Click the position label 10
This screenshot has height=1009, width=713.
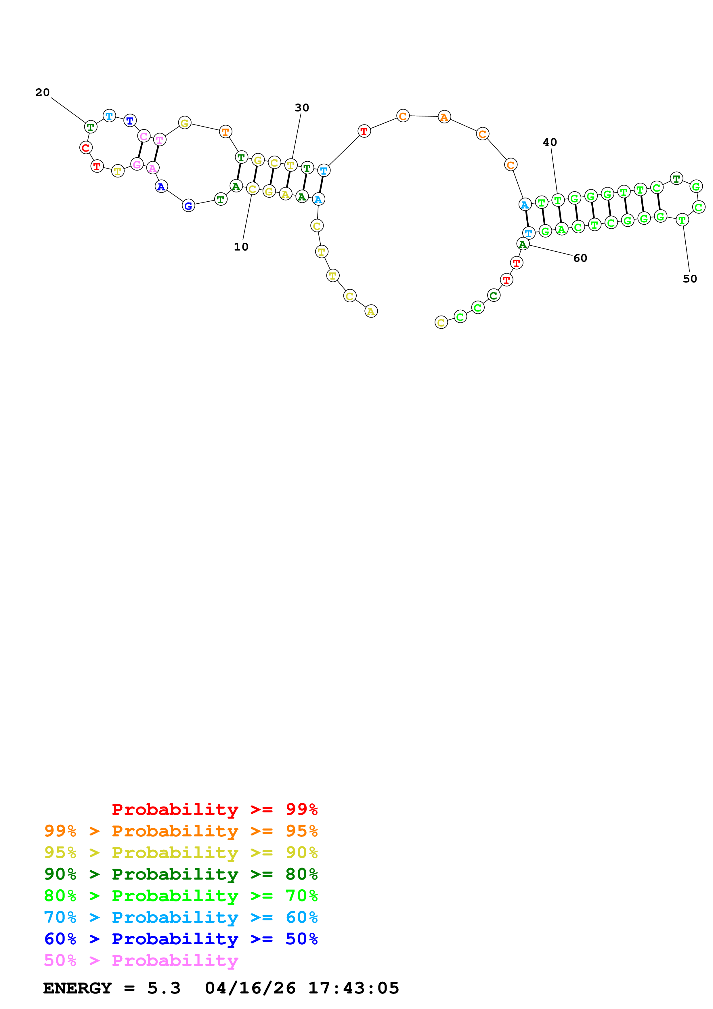click(x=241, y=247)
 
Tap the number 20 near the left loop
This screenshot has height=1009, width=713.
click(x=43, y=92)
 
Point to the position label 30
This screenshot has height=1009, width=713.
click(x=302, y=108)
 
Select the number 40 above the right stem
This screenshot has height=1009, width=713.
click(x=550, y=142)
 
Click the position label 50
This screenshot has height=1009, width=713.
click(x=690, y=279)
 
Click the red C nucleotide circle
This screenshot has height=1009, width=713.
click(x=86, y=148)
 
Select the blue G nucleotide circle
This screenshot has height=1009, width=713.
click(x=188, y=206)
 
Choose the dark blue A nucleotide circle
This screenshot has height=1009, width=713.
click(x=161, y=187)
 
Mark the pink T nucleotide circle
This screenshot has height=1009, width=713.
click(x=159, y=140)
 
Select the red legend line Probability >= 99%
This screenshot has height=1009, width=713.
click(x=214, y=809)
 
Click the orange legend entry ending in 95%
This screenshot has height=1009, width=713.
click(x=181, y=831)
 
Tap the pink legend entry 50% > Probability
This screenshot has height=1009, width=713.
click(x=141, y=961)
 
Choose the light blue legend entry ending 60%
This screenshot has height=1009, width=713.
click(x=181, y=918)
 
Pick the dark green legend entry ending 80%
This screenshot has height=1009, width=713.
click(x=181, y=874)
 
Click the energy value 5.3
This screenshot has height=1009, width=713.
click(x=164, y=988)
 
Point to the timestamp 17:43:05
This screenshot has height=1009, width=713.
click(x=353, y=988)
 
